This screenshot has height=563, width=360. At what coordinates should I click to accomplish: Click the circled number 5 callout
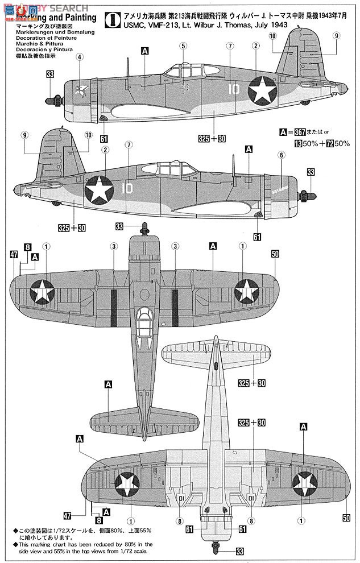point(184,46)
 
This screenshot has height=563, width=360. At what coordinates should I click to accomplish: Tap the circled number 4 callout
point(80,57)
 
